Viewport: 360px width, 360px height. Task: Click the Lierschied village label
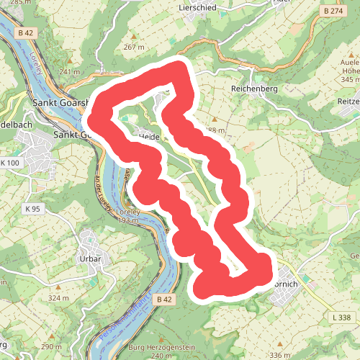[x=199, y=7]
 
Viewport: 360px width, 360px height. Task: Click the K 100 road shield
[x=11, y=163]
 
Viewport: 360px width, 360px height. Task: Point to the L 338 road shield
[x=344, y=318]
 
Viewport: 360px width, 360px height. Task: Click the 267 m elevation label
[x=134, y=47]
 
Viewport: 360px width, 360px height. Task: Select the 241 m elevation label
[x=70, y=72]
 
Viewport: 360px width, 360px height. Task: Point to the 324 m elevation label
[x=59, y=297]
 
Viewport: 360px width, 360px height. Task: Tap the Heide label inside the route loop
[x=148, y=135]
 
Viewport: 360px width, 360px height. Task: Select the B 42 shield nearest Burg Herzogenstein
[x=164, y=299]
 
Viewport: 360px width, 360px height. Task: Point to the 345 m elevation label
[x=349, y=79]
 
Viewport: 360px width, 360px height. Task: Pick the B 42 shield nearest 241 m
[x=27, y=33]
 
